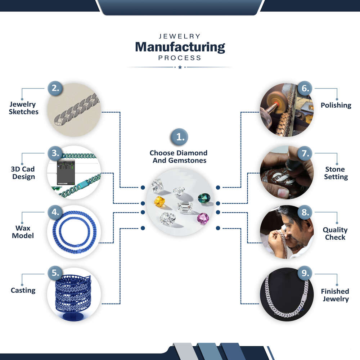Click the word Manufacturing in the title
coord(180,47)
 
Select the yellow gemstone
coord(159,202)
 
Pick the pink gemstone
coord(203,218)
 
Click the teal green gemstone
coord(204,198)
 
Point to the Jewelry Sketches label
coord(24,108)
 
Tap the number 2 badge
coord(55,89)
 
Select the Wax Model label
coord(23,232)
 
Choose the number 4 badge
coord(55,212)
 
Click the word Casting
coord(23,290)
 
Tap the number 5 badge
coord(55,273)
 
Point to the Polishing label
coord(336,105)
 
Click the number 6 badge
coord(305,89)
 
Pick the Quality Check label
coord(335,233)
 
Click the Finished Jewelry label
coord(335,295)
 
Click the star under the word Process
coord(180,67)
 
